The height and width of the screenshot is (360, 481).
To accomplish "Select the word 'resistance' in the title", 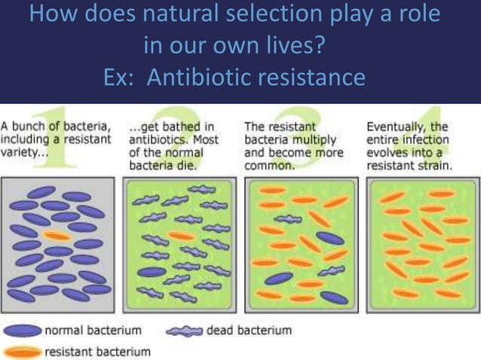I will [x=308, y=78].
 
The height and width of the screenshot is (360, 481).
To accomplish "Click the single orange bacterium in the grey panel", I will [x=57, y=236].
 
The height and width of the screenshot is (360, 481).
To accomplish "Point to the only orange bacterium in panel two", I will [x=181, y=236].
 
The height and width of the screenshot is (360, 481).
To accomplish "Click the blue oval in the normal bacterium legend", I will [x=23, y=331].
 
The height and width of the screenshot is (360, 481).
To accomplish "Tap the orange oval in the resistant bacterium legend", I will [x=23, y=351].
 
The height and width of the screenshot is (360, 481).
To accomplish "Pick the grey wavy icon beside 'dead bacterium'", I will [x=184, y=331].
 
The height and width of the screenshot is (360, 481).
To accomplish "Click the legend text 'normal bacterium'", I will [x=95, y=331].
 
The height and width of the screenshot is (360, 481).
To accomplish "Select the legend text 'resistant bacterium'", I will [x=98, y=351].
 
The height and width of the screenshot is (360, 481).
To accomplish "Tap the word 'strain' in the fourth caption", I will [x=433, y=166].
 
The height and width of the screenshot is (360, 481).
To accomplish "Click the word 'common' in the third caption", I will [x=272, y=166].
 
